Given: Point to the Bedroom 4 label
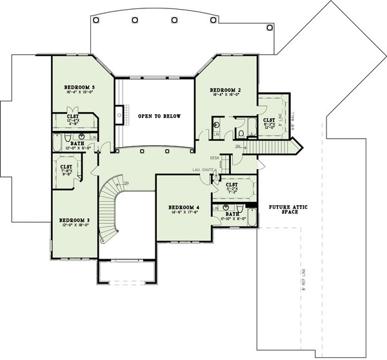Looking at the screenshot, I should pyautogui.click(x=184, y=207).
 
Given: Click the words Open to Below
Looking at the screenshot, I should pyautogui.click(x=159, y=117).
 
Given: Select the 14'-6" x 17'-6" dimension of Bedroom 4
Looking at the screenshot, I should pyautogui.click(x=184, y=212).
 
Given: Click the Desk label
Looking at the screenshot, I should pyautogui.click(x=215, y=157).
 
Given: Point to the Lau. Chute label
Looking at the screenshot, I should pyautogui.click(x=201, y=170).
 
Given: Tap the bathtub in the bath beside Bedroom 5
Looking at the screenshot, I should pyautogui.click(x=57, y=143).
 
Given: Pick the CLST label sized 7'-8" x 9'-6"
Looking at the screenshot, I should pyautogui.click(x=66, y=166).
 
